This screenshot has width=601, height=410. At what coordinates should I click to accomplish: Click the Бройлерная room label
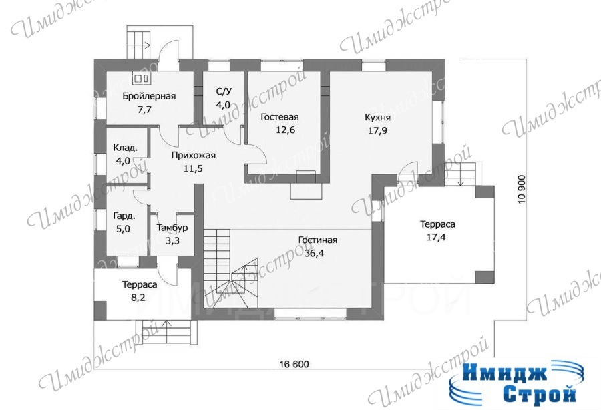pos(149,96)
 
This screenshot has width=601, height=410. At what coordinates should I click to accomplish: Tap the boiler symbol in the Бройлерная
pos(142,79)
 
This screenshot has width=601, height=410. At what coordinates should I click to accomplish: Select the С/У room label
pos(224,91)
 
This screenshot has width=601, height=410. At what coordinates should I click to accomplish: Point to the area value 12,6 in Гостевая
pos(286,130)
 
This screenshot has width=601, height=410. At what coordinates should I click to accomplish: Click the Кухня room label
pos(377,118)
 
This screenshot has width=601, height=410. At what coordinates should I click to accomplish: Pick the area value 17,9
pos(377,130)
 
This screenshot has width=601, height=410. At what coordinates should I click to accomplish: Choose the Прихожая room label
pos(193,155)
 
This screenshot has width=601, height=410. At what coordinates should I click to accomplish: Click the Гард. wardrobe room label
pos(124,216)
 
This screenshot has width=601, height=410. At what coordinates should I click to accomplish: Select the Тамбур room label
pos(172,228)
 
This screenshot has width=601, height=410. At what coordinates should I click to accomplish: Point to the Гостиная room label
pos(318,240)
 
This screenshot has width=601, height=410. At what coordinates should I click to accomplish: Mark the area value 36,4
pos(315,253)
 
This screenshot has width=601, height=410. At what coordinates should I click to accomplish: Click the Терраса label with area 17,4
pos(437,224)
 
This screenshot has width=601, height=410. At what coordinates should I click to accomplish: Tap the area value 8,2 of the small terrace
pos(138,297)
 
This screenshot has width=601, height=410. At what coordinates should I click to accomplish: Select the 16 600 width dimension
pos(294,364)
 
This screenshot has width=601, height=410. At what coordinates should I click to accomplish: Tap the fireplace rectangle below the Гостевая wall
pos(305,191)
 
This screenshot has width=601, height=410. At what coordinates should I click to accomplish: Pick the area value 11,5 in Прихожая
pos(193,168)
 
